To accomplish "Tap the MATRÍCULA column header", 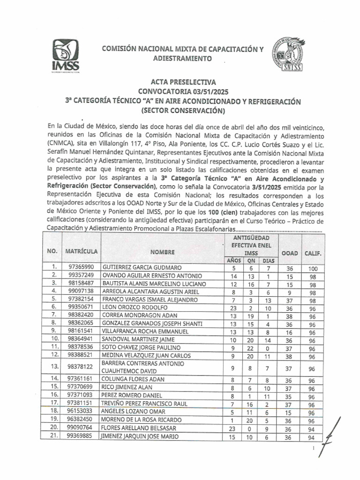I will (x=82, y=252).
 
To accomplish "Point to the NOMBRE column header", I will (x=162, y=252).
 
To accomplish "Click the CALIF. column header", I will (x=313, y=253).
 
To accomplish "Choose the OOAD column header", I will (x=290, y=253).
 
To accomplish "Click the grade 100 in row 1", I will (x=313, y=269).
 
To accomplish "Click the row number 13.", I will (x=54, y=367).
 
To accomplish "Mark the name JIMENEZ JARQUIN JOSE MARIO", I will (x=145, y=437).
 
